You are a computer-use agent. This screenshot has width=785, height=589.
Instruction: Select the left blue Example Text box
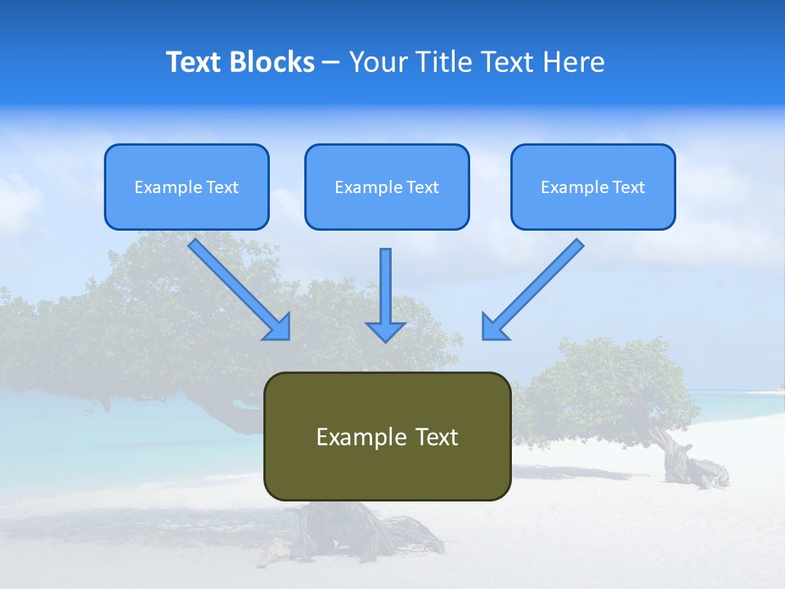point(186,187)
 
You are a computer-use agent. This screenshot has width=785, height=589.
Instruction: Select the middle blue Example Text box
point(387,187)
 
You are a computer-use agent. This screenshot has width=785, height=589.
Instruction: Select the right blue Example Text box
point(593,187)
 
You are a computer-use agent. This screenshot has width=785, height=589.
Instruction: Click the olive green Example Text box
point(387,436)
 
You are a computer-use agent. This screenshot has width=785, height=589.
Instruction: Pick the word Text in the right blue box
point(628,187)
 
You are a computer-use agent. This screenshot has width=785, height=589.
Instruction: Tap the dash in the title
point(331,62)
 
